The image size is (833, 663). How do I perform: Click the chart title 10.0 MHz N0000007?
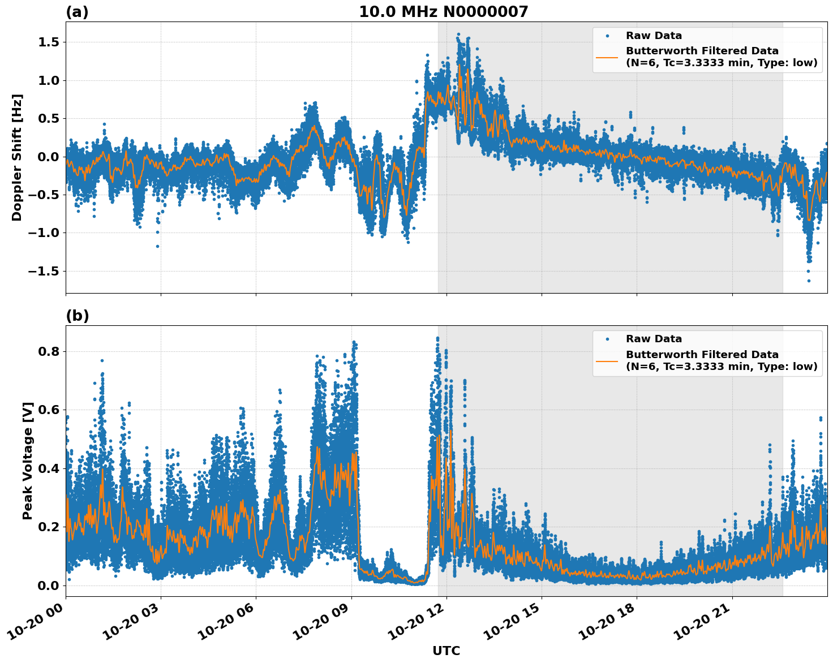click(443, 12)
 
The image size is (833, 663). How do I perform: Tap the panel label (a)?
click(77, 12)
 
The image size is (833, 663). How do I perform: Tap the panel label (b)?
click(77, 316)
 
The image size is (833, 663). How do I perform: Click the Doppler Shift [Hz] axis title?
click(17, 157)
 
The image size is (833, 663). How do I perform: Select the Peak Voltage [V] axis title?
click(28, 460)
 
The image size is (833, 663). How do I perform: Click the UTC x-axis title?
click(446, 651)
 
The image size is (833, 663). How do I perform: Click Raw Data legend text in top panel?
click(654, 36)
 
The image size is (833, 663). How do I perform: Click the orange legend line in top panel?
click(607, 57)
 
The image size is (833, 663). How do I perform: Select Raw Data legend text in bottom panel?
click(654, 339)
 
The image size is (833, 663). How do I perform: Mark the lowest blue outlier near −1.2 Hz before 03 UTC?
click(157, 246)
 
